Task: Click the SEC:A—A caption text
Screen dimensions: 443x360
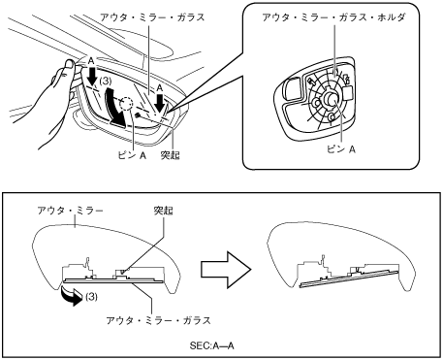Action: point(211,345)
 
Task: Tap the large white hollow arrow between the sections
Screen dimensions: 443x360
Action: point(226,270)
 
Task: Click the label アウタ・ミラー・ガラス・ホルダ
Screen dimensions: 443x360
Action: point(333,17)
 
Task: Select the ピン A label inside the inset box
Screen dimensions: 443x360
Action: point(341,149)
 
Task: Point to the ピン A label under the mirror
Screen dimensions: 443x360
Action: point(132,155)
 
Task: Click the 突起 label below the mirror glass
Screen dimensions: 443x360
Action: point(171,155)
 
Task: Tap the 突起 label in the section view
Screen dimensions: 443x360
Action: point(164,211)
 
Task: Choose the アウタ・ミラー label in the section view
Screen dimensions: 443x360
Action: point(70,211)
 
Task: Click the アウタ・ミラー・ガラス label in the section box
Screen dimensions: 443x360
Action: point(158,320)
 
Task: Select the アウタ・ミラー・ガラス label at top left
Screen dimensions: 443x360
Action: point(152,17)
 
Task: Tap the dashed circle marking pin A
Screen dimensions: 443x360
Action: point(126,104)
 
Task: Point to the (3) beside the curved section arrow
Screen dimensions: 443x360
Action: point(91,296)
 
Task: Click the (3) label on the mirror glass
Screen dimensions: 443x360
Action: point(106,82)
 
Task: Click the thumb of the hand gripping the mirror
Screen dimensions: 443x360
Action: point(68,64)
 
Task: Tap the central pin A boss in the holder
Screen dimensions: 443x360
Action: point(331,98)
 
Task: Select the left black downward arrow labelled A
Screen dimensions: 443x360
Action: point(93,76)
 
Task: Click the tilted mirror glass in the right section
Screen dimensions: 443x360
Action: point(349,278)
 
